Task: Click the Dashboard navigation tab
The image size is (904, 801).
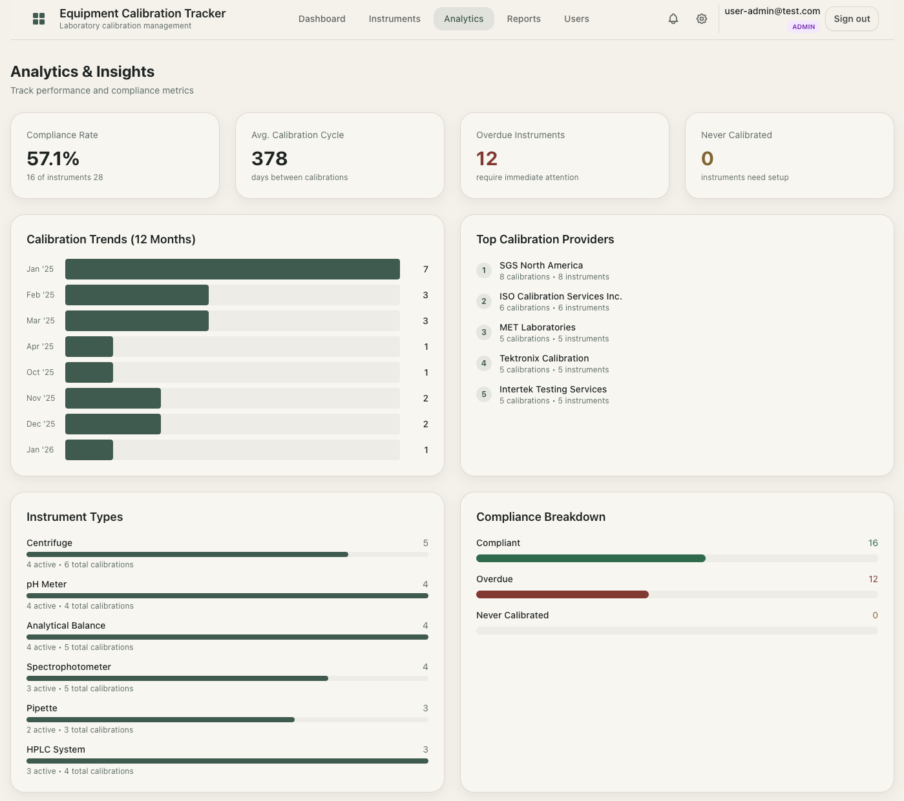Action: (322, 19)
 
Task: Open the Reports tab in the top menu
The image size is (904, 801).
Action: (523, 19)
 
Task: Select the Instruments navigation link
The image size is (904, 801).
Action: (394, 19)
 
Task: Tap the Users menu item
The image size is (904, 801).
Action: (576, 19)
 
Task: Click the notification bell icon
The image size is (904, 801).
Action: (673, 19)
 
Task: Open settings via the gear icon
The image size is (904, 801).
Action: (702, 19)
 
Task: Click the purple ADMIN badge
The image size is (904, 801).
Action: (803, 27)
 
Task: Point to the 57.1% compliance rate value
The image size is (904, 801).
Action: (53, 158)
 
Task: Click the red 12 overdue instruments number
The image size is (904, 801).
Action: (487, 158)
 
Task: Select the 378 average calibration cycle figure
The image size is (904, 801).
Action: (269, 158)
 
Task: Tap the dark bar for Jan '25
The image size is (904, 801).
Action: (232, 269)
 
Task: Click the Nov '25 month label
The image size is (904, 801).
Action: (41, 398)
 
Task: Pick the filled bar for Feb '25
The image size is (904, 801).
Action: (137, 295)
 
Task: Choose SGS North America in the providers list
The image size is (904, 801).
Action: (541, 265)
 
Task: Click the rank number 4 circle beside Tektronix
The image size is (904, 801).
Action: (484, 363)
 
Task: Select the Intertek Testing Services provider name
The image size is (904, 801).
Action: (552, 389)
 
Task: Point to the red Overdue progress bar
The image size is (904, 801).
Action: (562, 594)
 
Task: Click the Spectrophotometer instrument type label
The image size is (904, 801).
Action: (68, 667)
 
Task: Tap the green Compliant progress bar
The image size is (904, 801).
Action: (591, 558)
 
